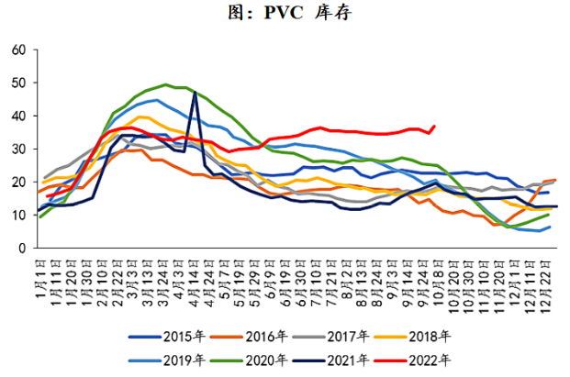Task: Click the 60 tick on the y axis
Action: (x=18, y=50)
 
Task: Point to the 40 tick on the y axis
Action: (x=18, y=116)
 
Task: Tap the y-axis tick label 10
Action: (x=18, y=215)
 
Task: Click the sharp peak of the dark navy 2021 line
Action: (x=195, y=93)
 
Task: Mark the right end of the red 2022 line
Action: (x=434, y=126)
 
